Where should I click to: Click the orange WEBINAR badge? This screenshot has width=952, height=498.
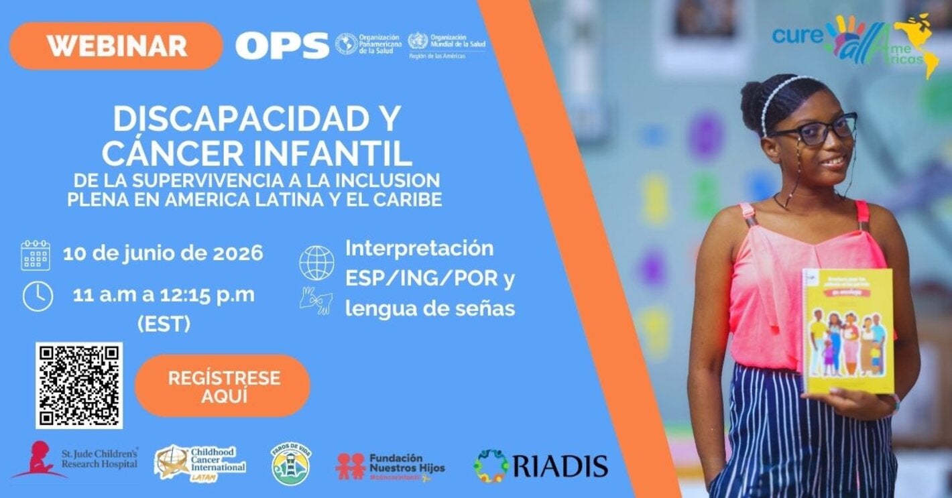tap(116, 46)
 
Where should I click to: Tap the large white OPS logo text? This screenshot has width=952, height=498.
tap(282, 45)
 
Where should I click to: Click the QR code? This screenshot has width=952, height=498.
tap(79, 385)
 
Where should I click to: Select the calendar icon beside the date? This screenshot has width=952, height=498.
tap(36, 255)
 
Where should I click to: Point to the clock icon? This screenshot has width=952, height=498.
tap(37, 296)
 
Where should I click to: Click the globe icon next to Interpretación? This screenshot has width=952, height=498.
tap(316, 263)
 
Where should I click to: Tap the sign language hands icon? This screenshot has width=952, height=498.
tap(316, 300)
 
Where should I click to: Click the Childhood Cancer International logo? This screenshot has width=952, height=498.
tap(200, 462)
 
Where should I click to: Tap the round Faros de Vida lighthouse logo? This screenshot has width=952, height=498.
tap(290, 463)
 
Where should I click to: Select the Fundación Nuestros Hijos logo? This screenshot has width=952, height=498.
tap(390, 465)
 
